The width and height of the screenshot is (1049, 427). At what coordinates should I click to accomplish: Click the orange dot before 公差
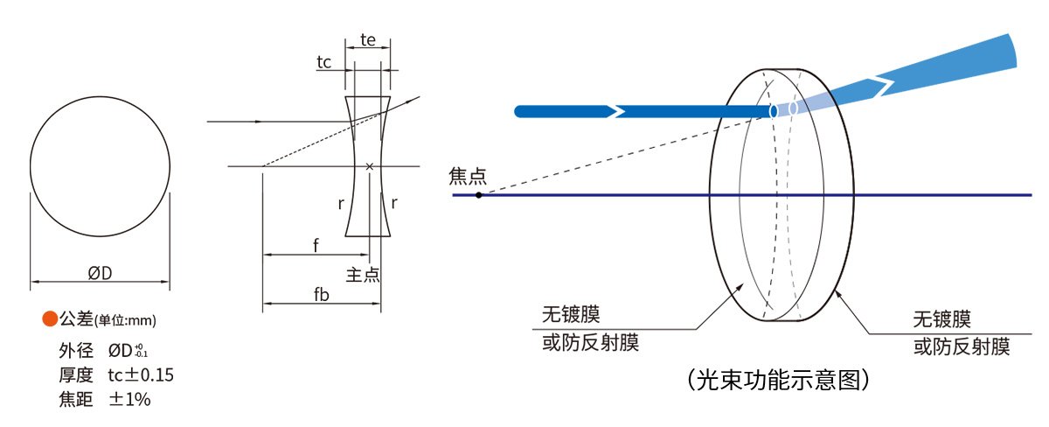pos(50,318)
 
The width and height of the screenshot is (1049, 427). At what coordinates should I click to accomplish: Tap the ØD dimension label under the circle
pos(100,273)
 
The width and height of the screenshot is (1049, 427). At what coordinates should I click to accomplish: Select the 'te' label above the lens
pos(368,40)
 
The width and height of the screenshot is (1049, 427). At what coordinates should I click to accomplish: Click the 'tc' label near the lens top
pos(324,62)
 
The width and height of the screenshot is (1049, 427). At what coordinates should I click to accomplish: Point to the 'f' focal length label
pos(316,245)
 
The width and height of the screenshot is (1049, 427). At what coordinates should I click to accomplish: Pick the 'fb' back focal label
pos(322,294)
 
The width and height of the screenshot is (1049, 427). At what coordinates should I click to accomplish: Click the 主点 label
pos(363,275)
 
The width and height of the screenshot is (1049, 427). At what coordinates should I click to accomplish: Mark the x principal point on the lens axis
pos(370,166)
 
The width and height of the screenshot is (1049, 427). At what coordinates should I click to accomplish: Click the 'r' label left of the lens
pos(341,203)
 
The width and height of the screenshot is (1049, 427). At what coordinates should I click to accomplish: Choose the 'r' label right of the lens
pos(394,203)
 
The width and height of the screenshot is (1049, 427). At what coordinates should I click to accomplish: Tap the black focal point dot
pos(479,195)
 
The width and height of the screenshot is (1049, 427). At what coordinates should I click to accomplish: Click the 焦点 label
pos(468,176)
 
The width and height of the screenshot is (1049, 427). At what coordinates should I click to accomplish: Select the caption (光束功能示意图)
pos(778,379)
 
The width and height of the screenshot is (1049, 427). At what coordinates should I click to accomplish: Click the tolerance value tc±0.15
pos(141,375)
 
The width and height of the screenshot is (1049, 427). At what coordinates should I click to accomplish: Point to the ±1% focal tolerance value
pos(129,399)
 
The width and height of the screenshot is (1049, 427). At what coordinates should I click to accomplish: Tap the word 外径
pos(76,350)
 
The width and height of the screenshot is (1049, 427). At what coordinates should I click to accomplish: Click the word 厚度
pos(76,375)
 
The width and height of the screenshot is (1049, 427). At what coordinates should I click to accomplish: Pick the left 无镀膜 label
pos(571,314)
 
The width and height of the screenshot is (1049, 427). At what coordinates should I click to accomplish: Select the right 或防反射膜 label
pos(962,346)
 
